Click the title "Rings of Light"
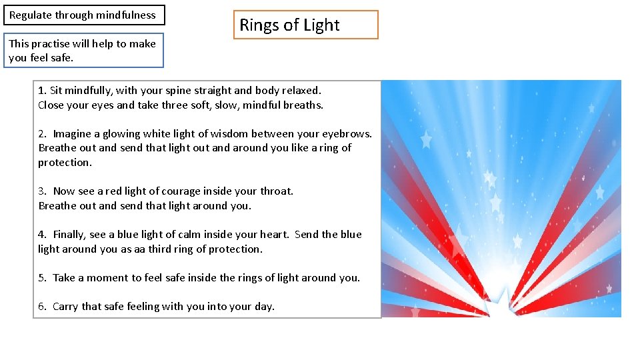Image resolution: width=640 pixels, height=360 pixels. click(x=289, y=25)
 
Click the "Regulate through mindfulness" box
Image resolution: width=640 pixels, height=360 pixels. click(x=83, y=15)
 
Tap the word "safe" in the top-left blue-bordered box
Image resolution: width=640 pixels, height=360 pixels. click(x=61, y=58)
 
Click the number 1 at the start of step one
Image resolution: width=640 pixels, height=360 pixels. click(x=41, y=90)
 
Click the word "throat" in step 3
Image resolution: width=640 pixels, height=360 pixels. click(x=275, y=191)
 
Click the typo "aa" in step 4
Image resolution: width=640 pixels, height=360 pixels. click(x=144, y=249)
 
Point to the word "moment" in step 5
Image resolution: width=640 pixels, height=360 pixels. click(x=102, y=277)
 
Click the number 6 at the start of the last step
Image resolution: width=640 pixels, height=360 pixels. click(x=41, y=306)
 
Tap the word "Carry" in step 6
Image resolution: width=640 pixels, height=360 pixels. click(x=65, y=306)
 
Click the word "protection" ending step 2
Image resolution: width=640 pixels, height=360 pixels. click(x=65, y=162)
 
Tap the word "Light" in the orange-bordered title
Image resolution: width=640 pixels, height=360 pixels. click(x=321, y=25)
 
